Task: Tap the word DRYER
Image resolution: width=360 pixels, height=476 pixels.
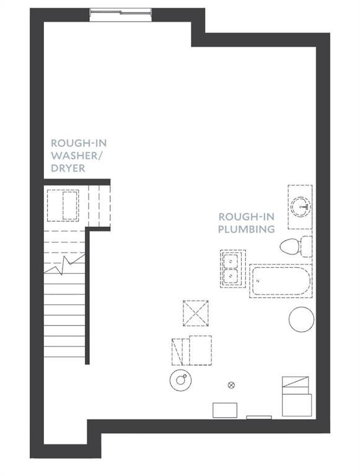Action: (68, 168)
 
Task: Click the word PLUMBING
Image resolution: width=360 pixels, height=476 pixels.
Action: (247, 229)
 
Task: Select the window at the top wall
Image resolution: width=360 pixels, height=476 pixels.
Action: (121, 12)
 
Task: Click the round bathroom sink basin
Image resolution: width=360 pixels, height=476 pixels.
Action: (301, 207)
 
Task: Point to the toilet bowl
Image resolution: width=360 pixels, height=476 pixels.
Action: (290, 246)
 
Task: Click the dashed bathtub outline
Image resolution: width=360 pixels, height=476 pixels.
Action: (281, 281)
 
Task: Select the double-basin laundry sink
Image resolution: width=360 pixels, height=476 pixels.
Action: (233, 268)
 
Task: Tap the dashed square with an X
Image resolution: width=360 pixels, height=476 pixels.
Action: (196, 313)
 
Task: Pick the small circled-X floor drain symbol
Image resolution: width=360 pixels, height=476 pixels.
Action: (231, 386)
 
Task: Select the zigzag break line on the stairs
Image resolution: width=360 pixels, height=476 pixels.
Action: (64, 265)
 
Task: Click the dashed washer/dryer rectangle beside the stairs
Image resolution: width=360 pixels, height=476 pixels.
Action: (63, 206)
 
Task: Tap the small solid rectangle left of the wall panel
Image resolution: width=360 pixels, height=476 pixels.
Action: (225, 410)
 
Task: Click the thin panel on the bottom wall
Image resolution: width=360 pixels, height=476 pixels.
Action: (259, 418)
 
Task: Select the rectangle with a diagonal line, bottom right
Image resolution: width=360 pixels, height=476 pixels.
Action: (296, 382)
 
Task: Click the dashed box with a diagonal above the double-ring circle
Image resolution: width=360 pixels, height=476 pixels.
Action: (177, 352)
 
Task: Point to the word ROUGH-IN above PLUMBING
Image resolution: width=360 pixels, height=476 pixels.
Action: (247, 217)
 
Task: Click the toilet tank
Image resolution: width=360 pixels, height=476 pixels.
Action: (306, 246)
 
